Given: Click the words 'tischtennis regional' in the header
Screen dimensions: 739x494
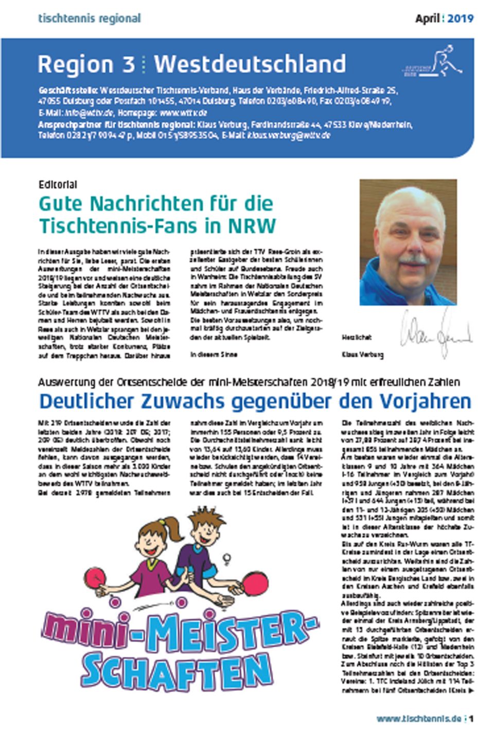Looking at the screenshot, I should point(89,19).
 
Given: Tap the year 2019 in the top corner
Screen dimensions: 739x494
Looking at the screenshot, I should point(460,19).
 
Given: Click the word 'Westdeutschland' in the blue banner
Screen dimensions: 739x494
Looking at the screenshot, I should point(250,64).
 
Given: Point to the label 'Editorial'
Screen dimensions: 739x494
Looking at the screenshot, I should point(58,184).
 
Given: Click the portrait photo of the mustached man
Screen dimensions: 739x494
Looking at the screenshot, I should point(408,242).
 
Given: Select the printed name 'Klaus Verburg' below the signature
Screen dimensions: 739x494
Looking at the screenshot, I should point(362,355).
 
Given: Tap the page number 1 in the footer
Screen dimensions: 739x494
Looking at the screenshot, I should point(471,718).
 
